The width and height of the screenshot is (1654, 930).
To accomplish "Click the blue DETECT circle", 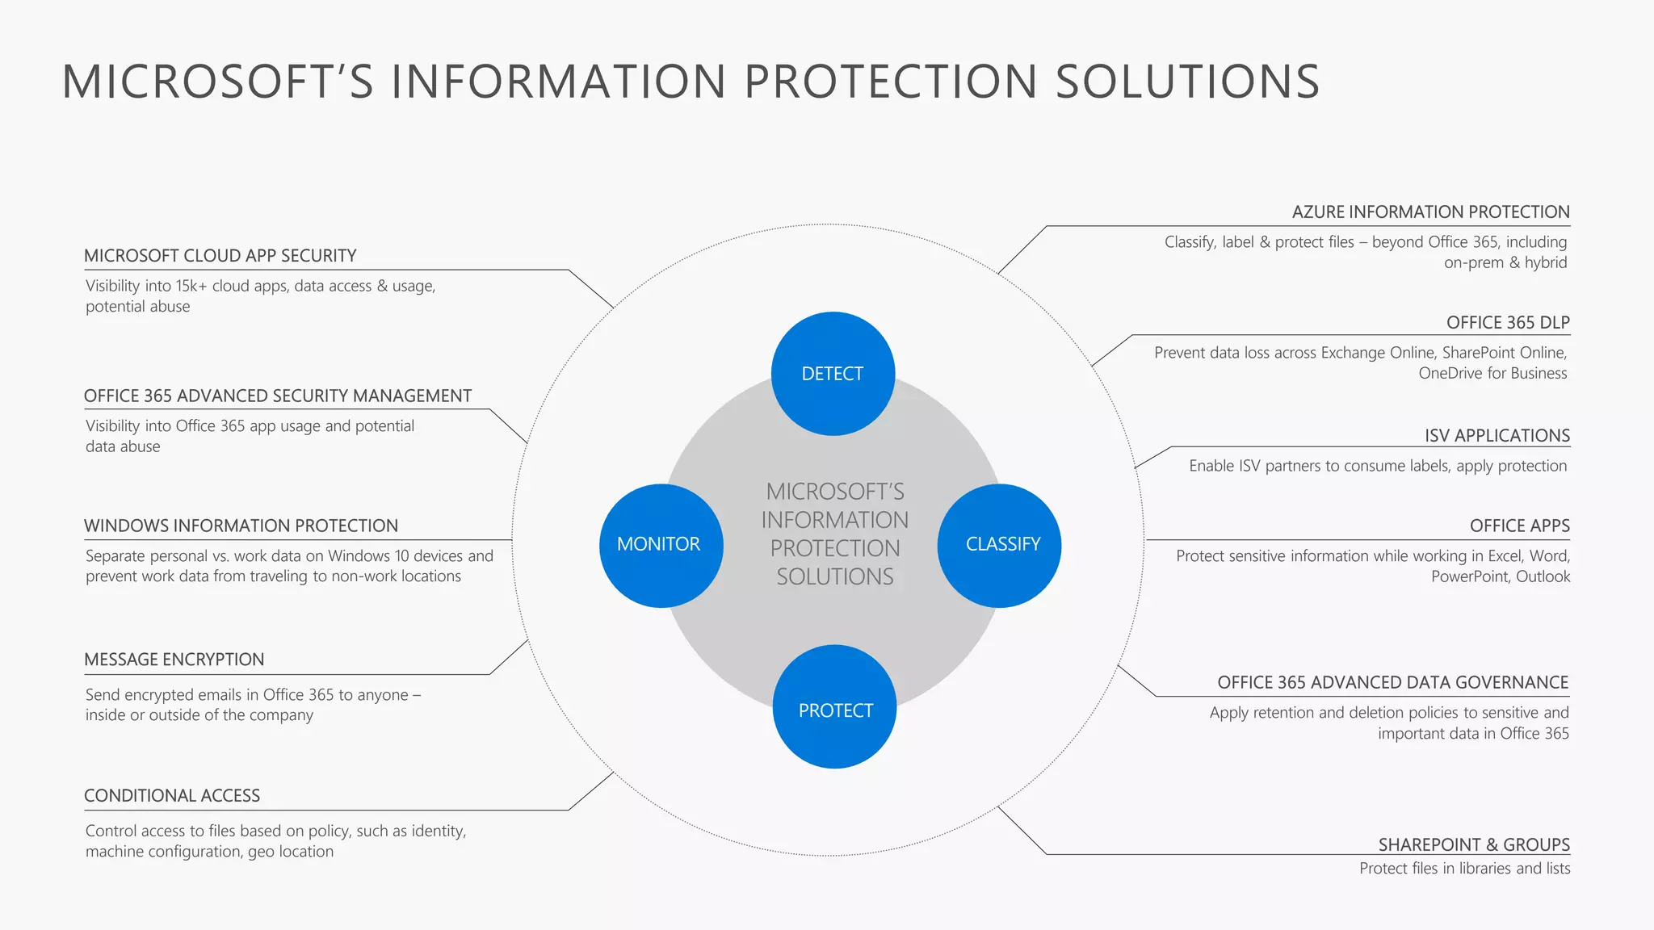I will click(833, 374).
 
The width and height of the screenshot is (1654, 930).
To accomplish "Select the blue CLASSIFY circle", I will click(1000, 545).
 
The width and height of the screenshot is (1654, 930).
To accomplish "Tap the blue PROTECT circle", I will click(834, 707).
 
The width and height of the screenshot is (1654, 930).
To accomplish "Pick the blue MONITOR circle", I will click(661, 545).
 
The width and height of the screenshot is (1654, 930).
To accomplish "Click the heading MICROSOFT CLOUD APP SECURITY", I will click(220, 256).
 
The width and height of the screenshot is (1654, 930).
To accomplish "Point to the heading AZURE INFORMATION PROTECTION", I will click(1430, 212).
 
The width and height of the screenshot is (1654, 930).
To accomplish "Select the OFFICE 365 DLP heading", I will click(1507, 323).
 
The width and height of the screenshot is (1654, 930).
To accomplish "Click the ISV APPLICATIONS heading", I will click(1497, 436).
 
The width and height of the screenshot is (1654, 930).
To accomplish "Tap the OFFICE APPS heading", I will click(1519, 526).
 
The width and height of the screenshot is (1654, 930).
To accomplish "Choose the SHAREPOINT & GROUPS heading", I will click(1473, 845).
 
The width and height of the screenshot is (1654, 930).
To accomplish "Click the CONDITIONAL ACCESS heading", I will click(172, 796).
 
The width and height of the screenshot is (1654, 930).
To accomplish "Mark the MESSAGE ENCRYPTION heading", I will click(174, 660).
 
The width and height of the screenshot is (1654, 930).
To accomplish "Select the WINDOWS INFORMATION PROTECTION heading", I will click(241, 526).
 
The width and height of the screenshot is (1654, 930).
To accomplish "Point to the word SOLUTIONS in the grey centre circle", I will click(835, 577).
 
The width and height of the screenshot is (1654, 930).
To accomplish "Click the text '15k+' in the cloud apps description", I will click(191, 286).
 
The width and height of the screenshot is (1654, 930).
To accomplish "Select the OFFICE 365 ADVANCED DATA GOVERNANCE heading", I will click(1392, 683).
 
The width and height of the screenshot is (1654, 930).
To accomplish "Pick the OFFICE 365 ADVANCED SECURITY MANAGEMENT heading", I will click(277, 396).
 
